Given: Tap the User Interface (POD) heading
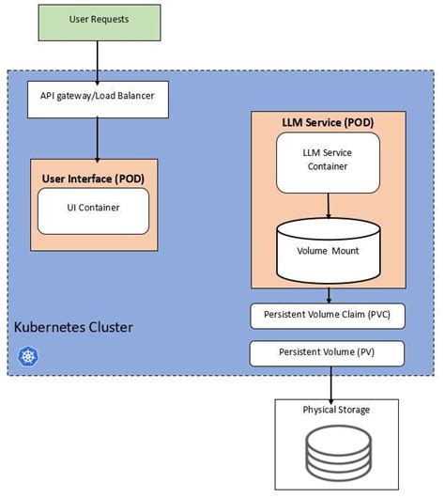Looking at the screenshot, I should pyautogui.click(x=93, y=178).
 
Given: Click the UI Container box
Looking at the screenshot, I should pyautogui.click(x=92, y=209).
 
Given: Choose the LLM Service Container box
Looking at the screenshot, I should pyautogui.click(x=327, y=160).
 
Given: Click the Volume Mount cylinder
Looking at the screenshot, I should pyautogui.click(x=327, y=247).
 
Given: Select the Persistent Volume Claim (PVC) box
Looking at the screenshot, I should pyautogui.click(x=327, y=317).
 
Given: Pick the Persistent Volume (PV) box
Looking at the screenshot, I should pyautogui.click(x=327, y=352).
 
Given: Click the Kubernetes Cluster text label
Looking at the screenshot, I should pyautogui.click(x=73, y=328).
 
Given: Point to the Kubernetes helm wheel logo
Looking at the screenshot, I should pyautogui.click(x=25, y=356).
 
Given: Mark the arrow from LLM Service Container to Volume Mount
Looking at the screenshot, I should pyautogui.click(x=327, y=203).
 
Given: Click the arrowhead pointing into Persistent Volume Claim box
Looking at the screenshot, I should pyautogui.click(x=329, y=299).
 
